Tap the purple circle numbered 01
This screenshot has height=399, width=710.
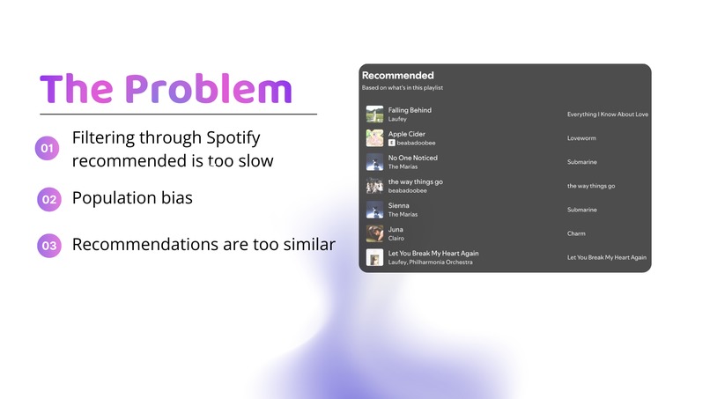coord(48,149)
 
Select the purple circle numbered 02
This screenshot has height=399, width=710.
coord(49,199)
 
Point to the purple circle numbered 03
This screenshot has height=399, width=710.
coord(49,246)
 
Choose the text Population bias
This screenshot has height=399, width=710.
coord(132,198)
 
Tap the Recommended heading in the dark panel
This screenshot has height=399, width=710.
coord(397,76)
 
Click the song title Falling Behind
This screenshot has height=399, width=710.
coord(410,110)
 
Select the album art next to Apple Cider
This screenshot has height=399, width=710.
coord(373,138)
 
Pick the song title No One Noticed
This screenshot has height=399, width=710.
coord(412,158)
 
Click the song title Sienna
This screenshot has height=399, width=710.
coord(398,205)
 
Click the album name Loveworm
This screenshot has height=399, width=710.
coord(582,138)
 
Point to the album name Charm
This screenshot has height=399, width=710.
coord(577,233)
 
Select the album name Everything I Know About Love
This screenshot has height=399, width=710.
coord(607,115)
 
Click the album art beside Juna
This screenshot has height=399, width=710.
coord(373,233)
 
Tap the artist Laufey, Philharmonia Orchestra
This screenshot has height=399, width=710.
coord(430,262)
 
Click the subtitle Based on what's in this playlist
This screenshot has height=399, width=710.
coord(402,88)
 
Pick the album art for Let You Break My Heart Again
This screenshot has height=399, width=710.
coord(373,257)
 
